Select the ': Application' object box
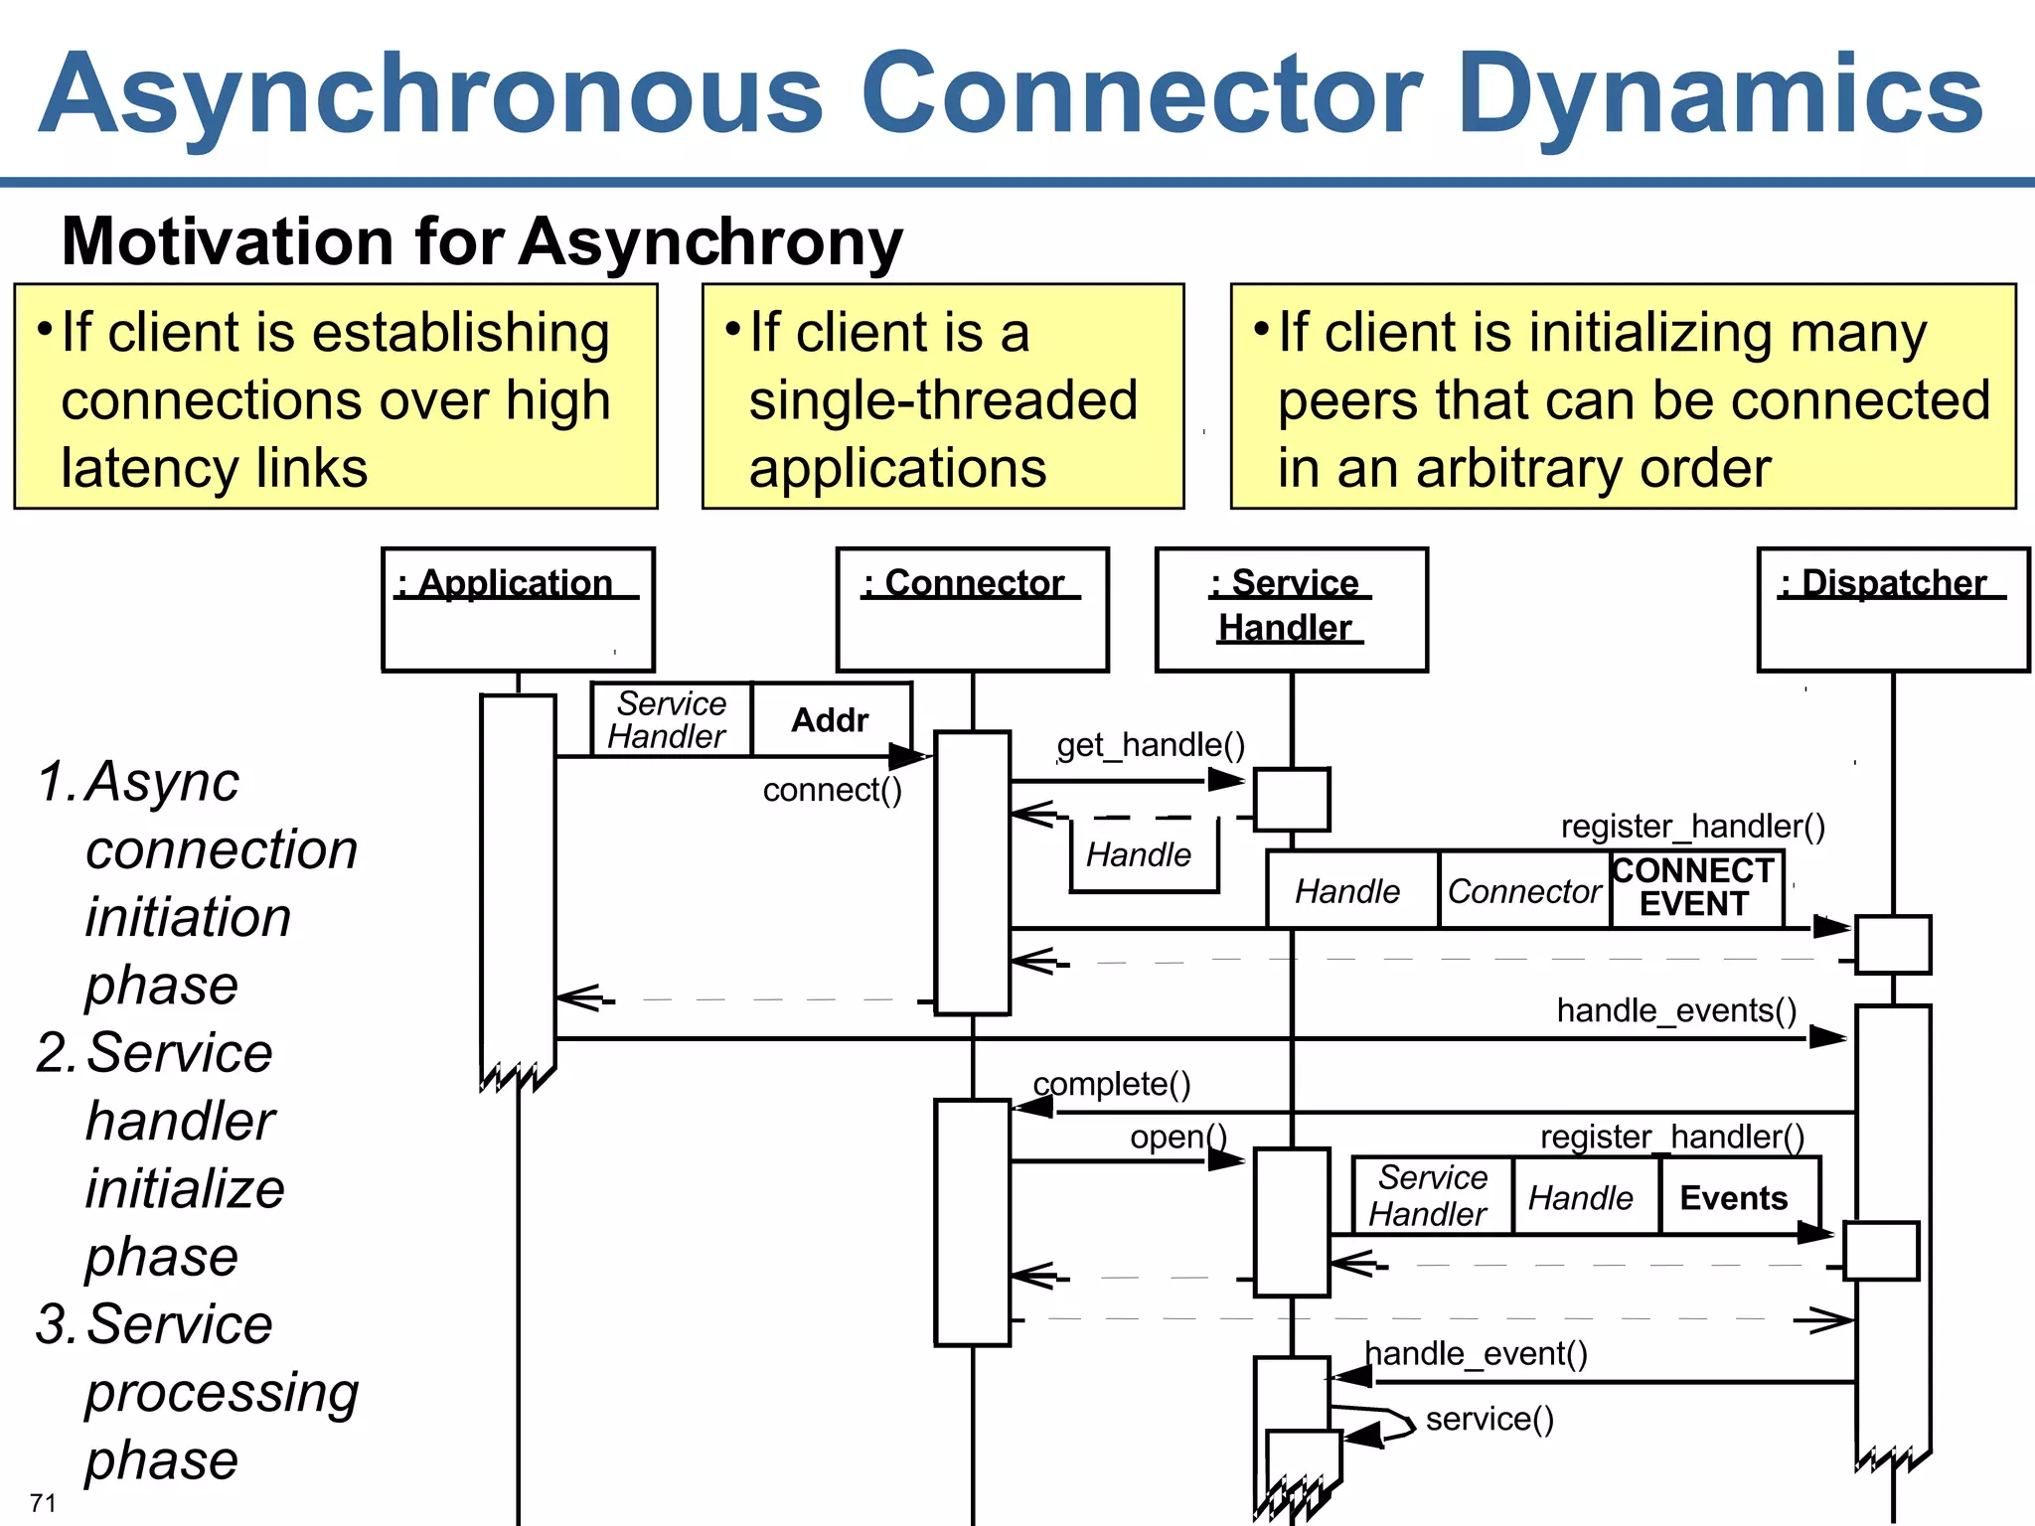click(x=518, y=609)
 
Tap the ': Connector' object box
click(x=972, y=609)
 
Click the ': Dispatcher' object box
click(x=1892, y=609)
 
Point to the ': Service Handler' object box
click(x=1291, y=609)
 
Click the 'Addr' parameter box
click(x=831, y=719)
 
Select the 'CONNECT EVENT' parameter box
click(x=1695, y=888)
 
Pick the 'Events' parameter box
click(x=1735, y=1198)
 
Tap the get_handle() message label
click(x=1151, y=745)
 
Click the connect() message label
click(x=833, y=790)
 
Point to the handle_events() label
click(x=1676, y=1010)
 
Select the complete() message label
click(x=1112, y=1084)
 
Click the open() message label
click(x=1178, y=1137)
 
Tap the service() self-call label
click(x=1488, y=1419)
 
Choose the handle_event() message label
click(x=1476, y=1353)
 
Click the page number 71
click(x=43, y=1502)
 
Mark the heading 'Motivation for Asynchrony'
click(x=482, y=241)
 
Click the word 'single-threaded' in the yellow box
click(x=943, y=400)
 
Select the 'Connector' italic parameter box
click(x=1523, y=891)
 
